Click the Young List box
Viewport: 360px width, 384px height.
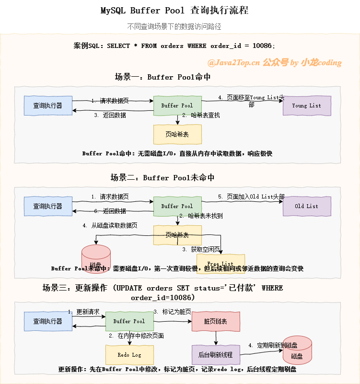click(x=307, y=105)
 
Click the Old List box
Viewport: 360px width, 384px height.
click(x=307, y=206)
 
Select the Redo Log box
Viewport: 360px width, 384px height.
click(x=129, y=355)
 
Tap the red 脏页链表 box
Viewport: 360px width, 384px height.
click(x=216, y=321)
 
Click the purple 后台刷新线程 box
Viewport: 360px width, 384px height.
click(x=216, y=355)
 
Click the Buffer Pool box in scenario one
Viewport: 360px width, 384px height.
click(x=177, y=105)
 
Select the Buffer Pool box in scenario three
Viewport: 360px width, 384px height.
click(x=129, y=321)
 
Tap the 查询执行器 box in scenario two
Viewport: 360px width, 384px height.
click(x=48, y=206)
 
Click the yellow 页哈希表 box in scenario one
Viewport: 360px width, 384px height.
click(x=177, y=134)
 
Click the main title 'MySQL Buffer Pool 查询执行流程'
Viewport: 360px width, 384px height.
click(x=174, y=11)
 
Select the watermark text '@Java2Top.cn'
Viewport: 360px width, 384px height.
click(x=233, y=62)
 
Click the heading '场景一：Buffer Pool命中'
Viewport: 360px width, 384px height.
click(x=163, y=77)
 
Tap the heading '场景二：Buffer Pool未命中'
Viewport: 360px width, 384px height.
click(x=163, y=177)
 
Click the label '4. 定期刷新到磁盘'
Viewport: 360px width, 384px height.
click(x=273, y=345)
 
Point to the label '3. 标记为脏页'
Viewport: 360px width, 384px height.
click(x=172, y=312)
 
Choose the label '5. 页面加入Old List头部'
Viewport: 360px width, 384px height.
click(x=251, y=197)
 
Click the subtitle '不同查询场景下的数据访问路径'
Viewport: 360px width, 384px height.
click(x=174, y=26)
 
